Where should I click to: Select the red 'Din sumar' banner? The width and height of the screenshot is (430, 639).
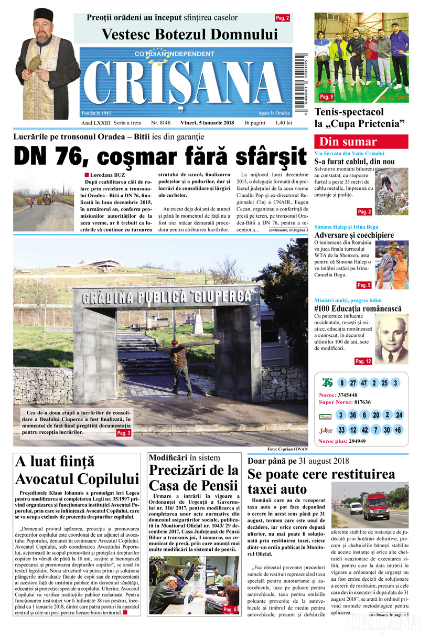[361, 142]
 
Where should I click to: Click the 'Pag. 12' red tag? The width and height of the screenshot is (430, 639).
[363, 361]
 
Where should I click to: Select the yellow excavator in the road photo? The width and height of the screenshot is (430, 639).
[46, 198]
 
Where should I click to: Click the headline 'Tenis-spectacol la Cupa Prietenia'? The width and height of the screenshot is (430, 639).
[361, 118]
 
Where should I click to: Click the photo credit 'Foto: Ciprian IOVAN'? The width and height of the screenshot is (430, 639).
[287, 449]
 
